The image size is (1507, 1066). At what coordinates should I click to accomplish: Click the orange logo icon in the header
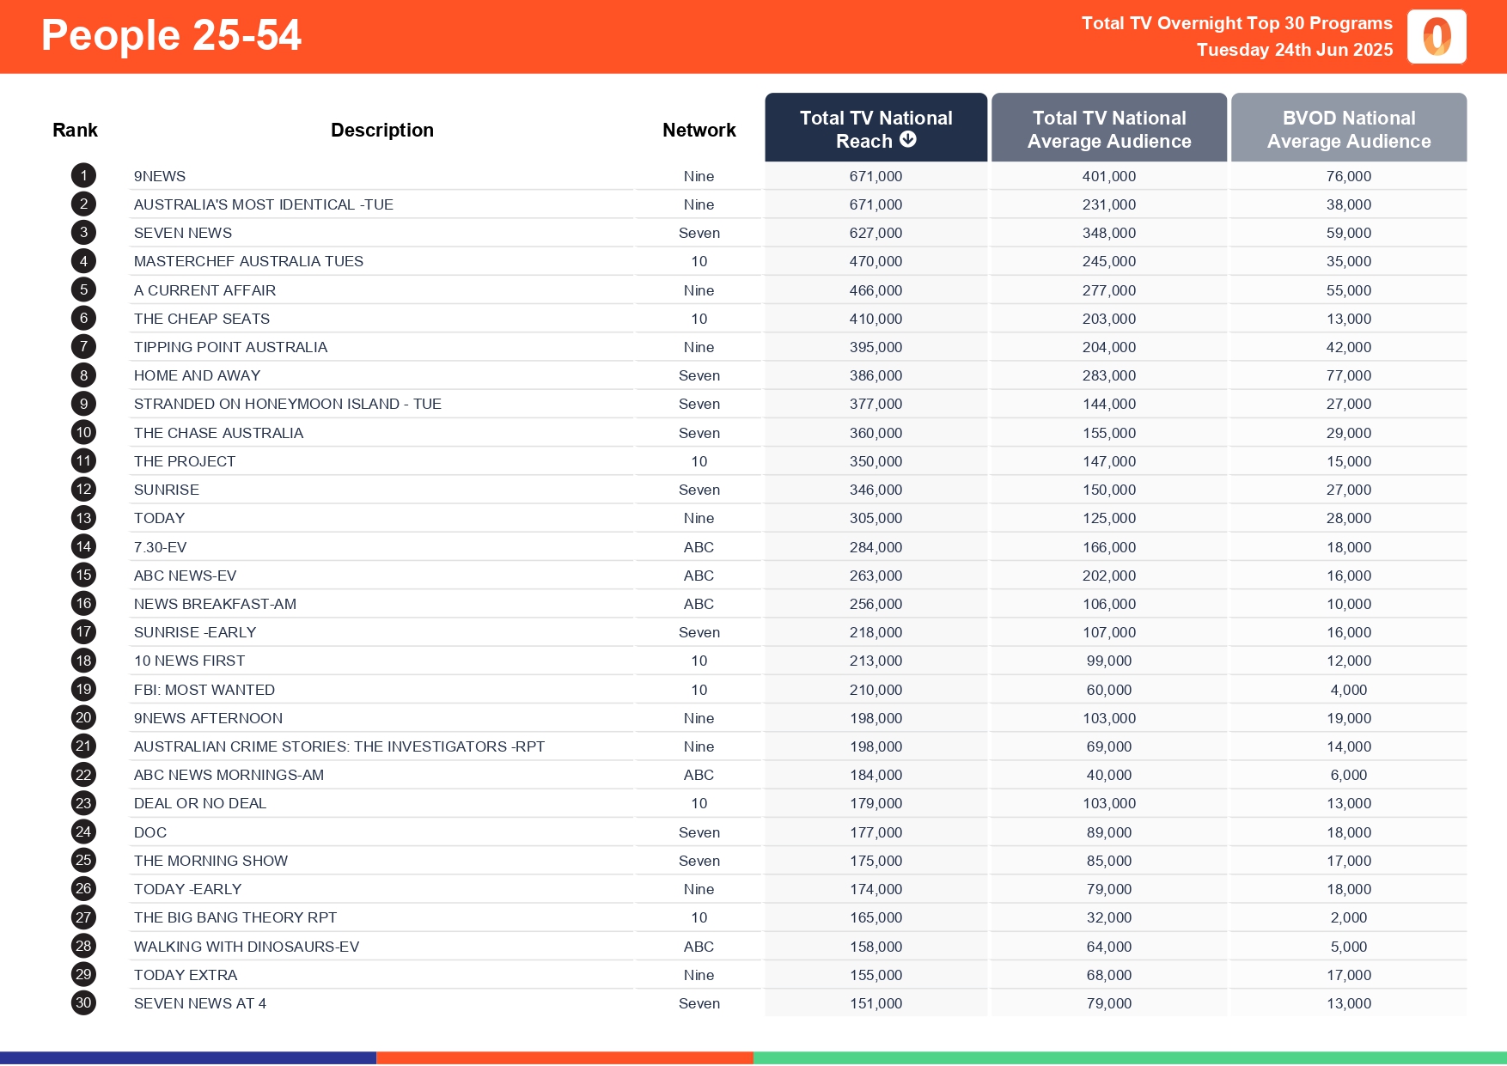tap(1437, 37)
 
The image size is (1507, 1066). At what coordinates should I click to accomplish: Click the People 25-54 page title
tap(171, 36)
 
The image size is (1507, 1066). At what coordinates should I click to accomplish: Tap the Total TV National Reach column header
tap(876, 129)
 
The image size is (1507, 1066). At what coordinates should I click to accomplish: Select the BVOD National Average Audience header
tap(1348, 129)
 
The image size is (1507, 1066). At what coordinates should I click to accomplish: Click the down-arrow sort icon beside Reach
tap(908, 140)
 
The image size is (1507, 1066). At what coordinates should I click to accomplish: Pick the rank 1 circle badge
tap(83, 176)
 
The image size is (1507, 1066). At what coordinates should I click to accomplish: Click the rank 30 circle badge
tap(83, 1003)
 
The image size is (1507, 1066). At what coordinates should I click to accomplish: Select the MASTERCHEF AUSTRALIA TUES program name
tap(248, 261)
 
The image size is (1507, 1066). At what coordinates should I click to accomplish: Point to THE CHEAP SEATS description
tap(202, 319)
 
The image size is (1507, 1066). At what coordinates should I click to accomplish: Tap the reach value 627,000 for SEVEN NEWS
tap(876, 233)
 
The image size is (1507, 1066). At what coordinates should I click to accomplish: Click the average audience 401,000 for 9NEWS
tap(1108, 176)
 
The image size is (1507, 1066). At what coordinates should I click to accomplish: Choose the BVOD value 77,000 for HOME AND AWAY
tap(1348, 375)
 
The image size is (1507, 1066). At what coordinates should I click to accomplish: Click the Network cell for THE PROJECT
tap(699, 461)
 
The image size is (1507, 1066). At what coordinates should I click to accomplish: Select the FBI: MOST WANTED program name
tap(204, 690)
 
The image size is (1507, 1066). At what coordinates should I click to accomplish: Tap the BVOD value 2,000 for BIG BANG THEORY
tap(1348, 917)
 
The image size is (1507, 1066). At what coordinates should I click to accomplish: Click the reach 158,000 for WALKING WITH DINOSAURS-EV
tap(876, 947)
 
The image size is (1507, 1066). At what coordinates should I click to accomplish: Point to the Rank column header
tap(75, 130)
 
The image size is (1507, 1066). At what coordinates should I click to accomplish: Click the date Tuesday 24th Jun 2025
tap(1294, 50)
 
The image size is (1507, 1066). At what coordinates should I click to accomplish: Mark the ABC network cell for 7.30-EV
tap(699, 547)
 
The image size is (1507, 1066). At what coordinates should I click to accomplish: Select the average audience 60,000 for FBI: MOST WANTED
tap(1108, 690)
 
